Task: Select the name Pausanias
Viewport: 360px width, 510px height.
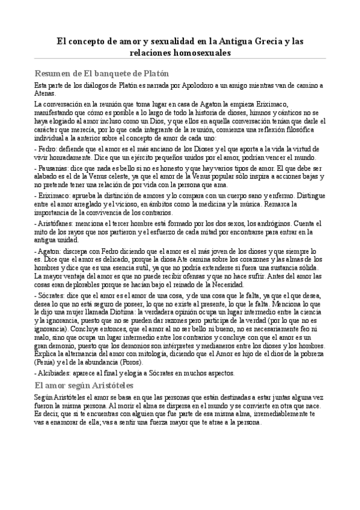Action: click(x=53, y=170)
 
